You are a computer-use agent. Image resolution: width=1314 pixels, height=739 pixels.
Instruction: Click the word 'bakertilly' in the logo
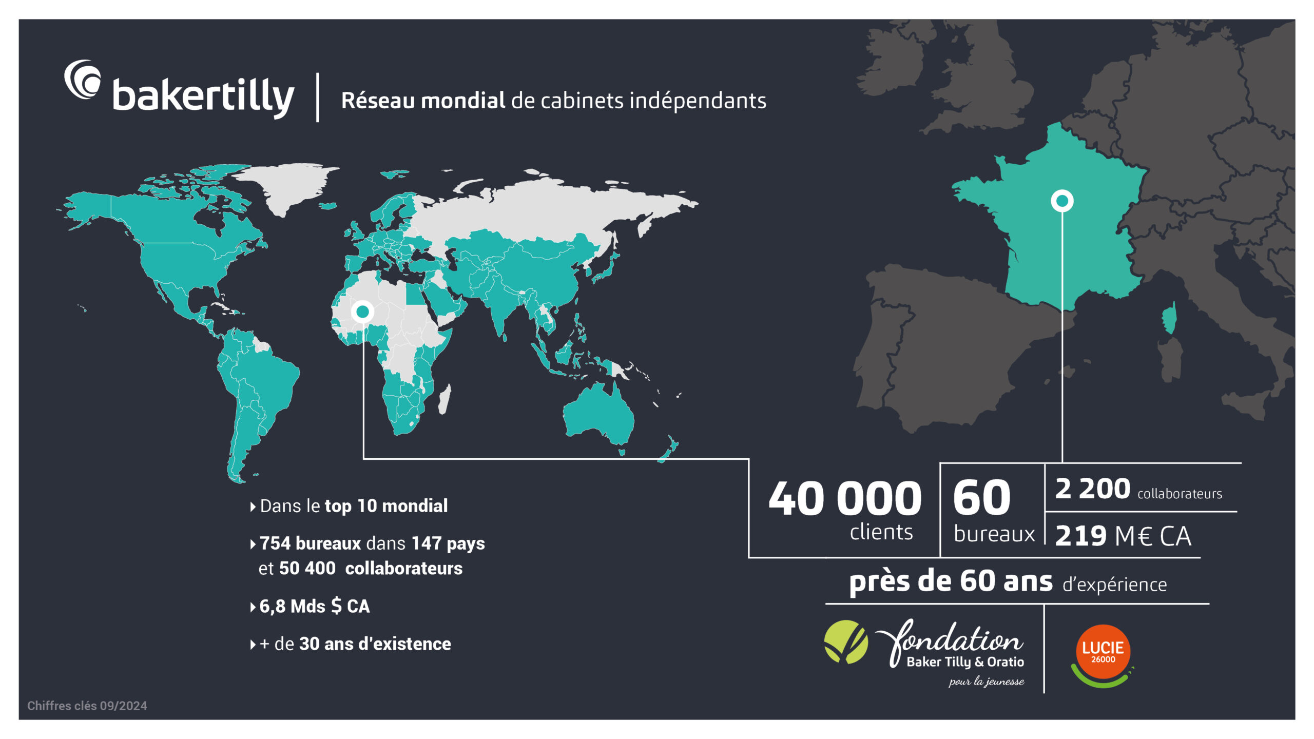coord(203,96)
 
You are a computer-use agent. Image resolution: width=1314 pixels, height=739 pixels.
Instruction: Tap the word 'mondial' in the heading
coord(463,101)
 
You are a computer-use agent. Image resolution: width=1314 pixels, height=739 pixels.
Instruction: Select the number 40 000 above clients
coord(845,498)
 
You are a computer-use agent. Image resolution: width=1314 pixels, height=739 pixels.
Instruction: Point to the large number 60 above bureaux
coord(981,497)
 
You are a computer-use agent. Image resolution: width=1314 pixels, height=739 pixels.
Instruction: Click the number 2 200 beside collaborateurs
coord(1092,489)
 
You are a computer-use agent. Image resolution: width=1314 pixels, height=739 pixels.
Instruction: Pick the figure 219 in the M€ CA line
coord(1080,536)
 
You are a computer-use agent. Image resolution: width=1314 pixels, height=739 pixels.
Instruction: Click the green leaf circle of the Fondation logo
coord(846,641)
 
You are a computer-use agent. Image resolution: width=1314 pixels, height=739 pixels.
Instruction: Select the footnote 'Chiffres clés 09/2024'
coord(87,706)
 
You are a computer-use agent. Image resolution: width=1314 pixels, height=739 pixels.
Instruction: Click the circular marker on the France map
coord(1062,201)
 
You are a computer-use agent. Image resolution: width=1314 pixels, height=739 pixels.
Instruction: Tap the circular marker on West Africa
coord(363,312)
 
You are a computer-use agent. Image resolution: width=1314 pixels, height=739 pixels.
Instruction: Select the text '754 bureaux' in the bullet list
coord(311,543)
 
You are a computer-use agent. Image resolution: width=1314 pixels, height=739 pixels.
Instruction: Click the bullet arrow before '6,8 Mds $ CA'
coord(253,607)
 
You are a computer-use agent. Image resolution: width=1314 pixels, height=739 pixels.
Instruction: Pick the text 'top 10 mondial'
coord(386,506)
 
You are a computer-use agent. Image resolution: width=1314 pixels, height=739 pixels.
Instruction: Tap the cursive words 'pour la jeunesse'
coord(986,682)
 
